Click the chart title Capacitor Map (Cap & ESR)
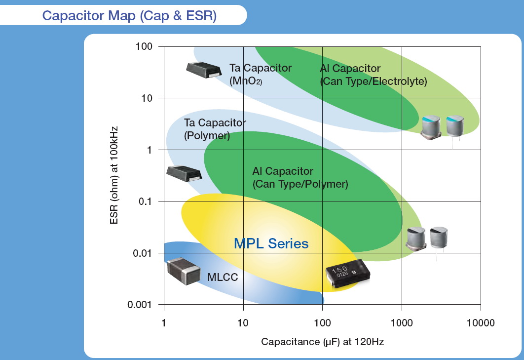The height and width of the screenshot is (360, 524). pyautogui.click(x=129, y=15)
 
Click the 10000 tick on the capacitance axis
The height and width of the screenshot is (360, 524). pyautogui.click(x=481, y=323)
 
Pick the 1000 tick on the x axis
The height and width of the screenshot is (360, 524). pyautogui.click(x=402, y=323)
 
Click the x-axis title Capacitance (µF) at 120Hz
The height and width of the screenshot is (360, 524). pyautogui.click(x=322, y=342)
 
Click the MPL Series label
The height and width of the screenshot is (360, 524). pyautogui.click(x=271, y=243)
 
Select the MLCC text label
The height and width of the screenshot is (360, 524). pyautogui.click(x=223, y=278)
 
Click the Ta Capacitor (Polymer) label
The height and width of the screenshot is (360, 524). pyautogui.click(x=215, y=129)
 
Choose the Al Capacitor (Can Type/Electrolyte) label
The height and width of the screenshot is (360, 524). pyautogui.click(x=373, y=75)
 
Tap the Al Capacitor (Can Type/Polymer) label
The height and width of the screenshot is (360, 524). pyautogui.click(x=300, y=178)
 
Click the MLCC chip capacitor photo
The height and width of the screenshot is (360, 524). pyautogui.click(x=183, y=271)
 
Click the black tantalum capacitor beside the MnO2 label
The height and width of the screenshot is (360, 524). pyautogui.click(x=204, y=70)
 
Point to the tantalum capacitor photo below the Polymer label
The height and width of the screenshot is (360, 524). pyautogui.click(x=184, y=173)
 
